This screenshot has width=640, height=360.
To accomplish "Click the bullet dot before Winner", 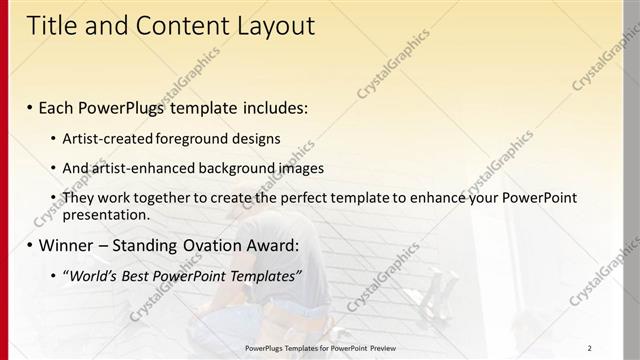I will pyautogui.click(x=30, y=245).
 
